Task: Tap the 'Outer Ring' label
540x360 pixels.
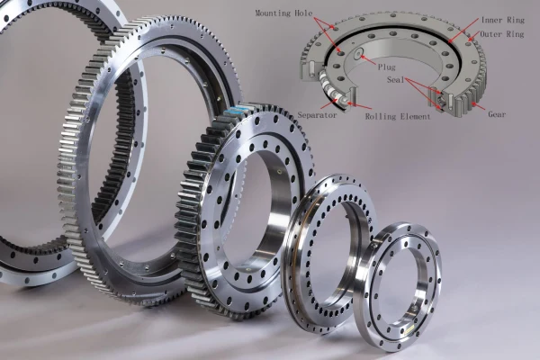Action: click(503, 34)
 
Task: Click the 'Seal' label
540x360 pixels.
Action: click(395, 79)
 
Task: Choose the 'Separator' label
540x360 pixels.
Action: click(317, 115)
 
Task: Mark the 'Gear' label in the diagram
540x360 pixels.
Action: click(497, 114)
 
